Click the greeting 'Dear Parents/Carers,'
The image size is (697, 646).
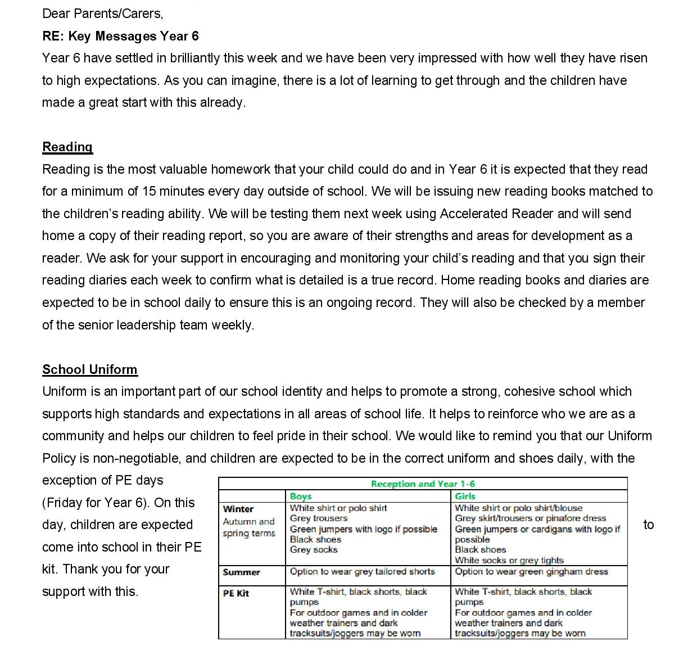click(102, 13)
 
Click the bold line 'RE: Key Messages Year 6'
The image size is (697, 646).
click(120, 36)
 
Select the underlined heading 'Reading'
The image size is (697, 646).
click(67, 147)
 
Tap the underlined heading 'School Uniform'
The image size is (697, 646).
click(90, 369)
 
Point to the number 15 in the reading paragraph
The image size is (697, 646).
click(149, 191)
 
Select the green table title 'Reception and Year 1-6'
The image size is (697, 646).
click(423, 484)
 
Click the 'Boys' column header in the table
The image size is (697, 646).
click(301, 496)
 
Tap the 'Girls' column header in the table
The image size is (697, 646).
click(465, 496)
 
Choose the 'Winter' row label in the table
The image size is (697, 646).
click(238, 509)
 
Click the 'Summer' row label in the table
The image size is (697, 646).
click(242, 572)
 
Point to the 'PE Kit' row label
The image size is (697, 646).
click(236, 593)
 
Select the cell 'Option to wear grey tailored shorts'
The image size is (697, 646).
click(363, 571)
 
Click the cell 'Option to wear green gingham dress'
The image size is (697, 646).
click(531, 571)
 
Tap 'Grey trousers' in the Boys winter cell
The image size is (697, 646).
click(319, 518)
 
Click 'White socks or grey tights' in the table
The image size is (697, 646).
click(509, 560)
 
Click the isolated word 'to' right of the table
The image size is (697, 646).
click(649, 525)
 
